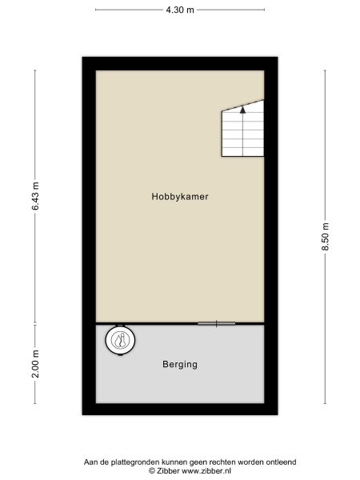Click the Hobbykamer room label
click(x=180, y=196)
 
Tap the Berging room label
click(x=180, y=364)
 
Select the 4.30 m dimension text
click(x=180, y=10)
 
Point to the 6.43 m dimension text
click(x=35, y=196)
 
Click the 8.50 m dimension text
click(x=325, y=236)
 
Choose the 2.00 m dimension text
click(x=35, y=364)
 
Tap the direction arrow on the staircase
click(x=242, y=112)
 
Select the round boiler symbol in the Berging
click(x=121, y=341)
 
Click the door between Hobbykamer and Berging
click(x=216, y=323)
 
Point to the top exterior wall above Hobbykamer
click(x=180, y=63)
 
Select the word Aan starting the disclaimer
click(x=90, y=462)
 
